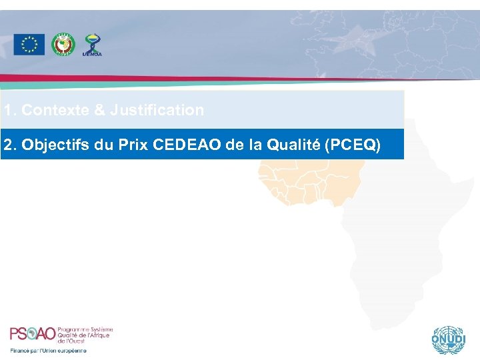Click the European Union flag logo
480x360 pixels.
(29, 45)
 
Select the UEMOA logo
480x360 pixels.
(92, 45)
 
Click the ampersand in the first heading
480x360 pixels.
(99, 110)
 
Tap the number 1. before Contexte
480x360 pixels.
(10, 110)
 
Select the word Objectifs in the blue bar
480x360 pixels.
(57, 145)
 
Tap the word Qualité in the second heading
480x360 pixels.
(292, 145)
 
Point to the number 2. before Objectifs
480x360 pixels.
(10, 145)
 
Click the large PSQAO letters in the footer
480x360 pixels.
(33, 334)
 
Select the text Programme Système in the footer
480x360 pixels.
(86, 329)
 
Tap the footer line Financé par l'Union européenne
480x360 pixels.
(48, 350)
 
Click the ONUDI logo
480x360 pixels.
(446, 340)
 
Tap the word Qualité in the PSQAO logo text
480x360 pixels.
(69, 335)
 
